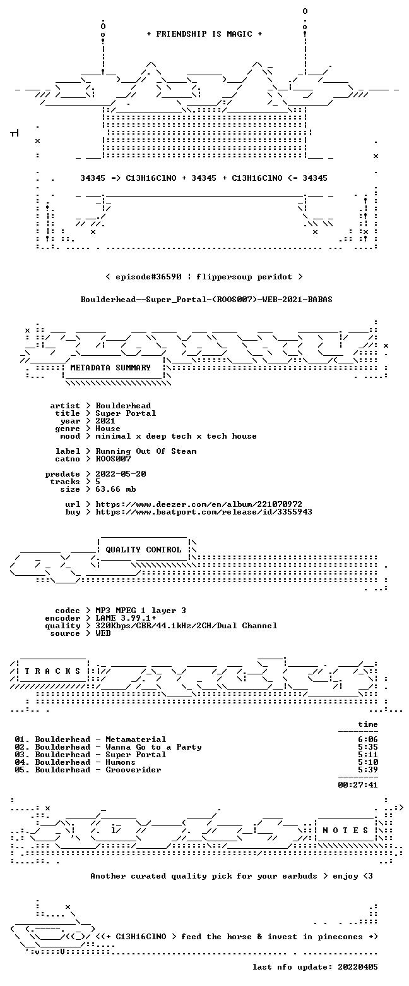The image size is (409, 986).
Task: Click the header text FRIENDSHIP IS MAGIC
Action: [204, 34]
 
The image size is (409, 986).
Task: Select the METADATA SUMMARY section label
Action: [110, 368]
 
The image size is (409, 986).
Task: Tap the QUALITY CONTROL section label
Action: [143, 550]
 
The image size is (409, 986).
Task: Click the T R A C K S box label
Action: [53, 671]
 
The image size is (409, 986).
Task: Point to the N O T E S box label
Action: [345, 831]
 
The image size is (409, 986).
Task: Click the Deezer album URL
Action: [199, 504]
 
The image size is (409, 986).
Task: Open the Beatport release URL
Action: [204, 512]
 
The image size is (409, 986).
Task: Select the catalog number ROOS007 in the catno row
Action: [113, 459]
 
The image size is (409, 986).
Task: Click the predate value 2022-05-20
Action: [121, 474]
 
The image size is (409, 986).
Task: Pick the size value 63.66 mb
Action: [116, 489]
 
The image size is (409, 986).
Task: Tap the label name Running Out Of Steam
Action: [146, 451]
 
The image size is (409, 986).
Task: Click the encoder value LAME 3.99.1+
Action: [126, 618]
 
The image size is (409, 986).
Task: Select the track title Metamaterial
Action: [136, 739]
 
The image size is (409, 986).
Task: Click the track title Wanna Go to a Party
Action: [153, 747]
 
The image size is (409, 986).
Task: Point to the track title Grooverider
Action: [133, 770]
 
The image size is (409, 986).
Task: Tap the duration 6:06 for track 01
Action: [368, 739]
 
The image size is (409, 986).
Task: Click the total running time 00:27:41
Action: [357, 785]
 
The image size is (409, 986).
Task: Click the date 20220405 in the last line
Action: [357, 967]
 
